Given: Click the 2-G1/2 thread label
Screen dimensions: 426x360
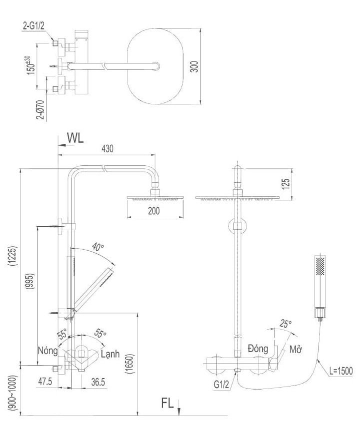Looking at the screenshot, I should [x=33, y=25].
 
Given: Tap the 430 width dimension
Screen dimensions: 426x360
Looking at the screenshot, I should [x=108, y=148].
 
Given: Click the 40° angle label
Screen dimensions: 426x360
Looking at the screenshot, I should [x=98, y=247].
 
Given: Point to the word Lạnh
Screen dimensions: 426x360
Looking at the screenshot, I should [x=110, y=355].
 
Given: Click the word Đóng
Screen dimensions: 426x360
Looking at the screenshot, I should [x=258, y=348].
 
